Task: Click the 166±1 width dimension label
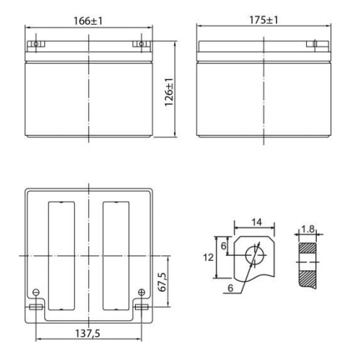click(88, 21)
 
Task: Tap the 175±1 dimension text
click(264, 20)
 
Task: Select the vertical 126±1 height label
click(169, 92)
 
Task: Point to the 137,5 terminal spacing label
click(87, 333)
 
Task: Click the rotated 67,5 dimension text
click(162, 282)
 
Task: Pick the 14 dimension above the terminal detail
click(257, 222)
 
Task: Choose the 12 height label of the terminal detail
click(209, 257)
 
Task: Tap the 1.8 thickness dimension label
click(308, 229)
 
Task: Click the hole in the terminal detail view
click(255, 255)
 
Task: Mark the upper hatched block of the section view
click(308, 248)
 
